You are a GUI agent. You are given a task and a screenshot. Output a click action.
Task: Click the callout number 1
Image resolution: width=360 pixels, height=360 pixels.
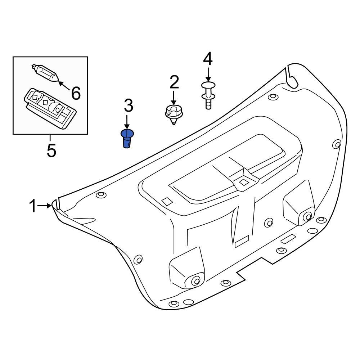pyautogui.click(x=32, y=207)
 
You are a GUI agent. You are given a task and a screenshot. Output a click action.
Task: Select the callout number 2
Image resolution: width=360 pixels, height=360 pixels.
pyautogui.click(x=174, y=82)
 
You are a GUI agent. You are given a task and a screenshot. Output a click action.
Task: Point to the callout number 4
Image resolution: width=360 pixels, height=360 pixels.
pyautogui.click(x=208, y=59)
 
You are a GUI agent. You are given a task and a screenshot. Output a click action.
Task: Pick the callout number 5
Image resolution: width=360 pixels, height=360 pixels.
pyautogui.click(x=51, y=150)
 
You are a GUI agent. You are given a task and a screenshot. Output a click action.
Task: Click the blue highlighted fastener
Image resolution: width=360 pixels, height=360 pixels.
pyautogui.click(x=126, y=139)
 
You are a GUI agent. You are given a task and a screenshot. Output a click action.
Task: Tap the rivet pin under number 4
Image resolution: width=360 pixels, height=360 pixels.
pyautogui.click(x=207, y=94)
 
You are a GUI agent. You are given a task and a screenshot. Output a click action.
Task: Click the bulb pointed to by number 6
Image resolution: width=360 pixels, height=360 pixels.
pyautogui.click(x=45, y=73)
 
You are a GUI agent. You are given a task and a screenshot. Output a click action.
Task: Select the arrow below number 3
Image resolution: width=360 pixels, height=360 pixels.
pyautogui.click(x=126, y=122)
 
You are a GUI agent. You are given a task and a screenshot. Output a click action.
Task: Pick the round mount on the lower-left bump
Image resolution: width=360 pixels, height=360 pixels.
pyautogui.click(x=195, y=281)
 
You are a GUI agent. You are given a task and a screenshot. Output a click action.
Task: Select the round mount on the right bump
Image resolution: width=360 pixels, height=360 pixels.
pyautogui.click(x=307, y=216)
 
